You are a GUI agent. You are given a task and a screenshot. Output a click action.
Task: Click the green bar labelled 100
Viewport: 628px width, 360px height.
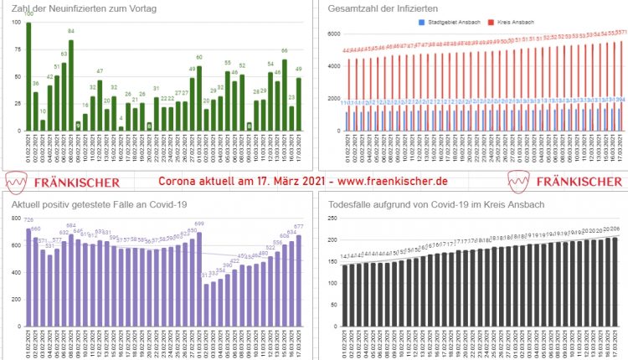[28, 76]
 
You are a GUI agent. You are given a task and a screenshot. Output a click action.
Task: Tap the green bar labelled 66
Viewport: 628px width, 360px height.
[285, 95]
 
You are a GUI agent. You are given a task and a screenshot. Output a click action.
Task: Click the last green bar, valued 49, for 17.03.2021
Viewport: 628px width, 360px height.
[299, 104]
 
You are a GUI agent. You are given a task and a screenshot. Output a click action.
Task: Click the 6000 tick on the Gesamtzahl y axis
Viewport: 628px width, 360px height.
[333, 33]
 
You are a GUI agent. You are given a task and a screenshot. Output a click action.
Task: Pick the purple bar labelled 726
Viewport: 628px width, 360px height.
[28, 277]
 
